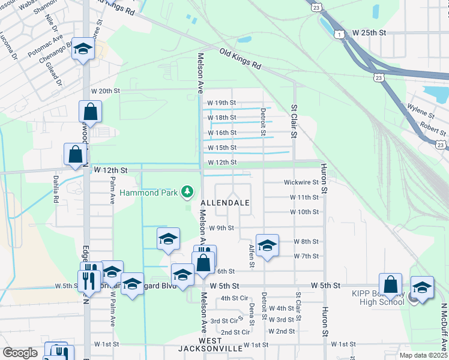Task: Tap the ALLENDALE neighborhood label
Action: (x=224, y=203)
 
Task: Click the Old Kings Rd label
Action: (x=239, y=59)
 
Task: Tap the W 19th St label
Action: (x=221, y=103)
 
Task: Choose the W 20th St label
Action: (x=106, y=91)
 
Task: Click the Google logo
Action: (x=20, y=353)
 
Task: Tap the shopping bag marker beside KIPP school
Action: (x=390, y=284)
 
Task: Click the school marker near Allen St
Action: (x=267, y=245)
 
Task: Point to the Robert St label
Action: (x=433, y=127)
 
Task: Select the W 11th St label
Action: (x=304, y=197)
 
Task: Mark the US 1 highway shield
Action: (x=340, y=35)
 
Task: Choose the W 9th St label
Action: (x=221, y=228)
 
